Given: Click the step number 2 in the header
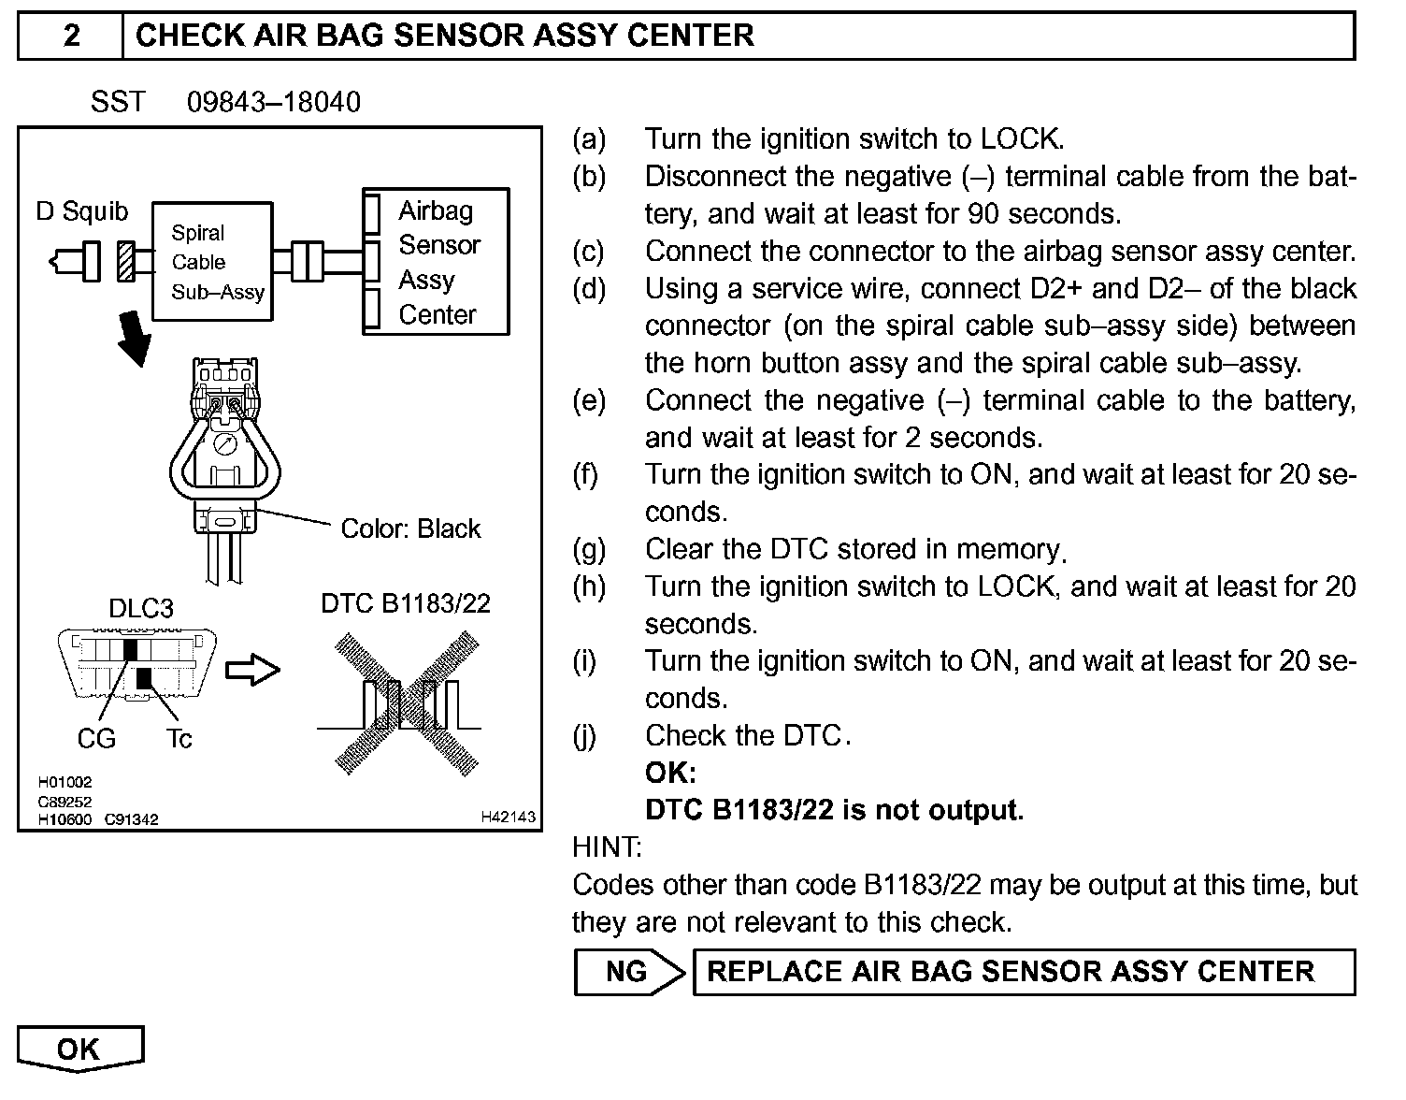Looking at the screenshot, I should point(71,36).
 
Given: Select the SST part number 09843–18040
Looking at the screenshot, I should point(273,102).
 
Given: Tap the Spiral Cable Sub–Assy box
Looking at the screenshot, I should point(213,262).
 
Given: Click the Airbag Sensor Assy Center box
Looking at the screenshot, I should point(436,262).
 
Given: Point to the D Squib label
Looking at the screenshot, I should point(81,211).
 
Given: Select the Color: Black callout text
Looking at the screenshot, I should point(410,528).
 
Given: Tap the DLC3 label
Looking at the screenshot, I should point(140,609).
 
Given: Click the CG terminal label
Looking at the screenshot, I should point(96,739).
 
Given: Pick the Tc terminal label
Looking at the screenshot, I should point(179,739).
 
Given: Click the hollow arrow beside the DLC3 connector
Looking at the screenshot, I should point(253,670).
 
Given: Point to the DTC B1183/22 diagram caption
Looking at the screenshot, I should point(406,603).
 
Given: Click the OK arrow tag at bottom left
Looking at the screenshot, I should point(79,1048).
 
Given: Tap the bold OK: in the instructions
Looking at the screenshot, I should point(670,773).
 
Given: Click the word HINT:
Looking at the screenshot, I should point(607,847).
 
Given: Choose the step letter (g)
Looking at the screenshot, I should point(588,549).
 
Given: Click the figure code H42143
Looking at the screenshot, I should point(508,818).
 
